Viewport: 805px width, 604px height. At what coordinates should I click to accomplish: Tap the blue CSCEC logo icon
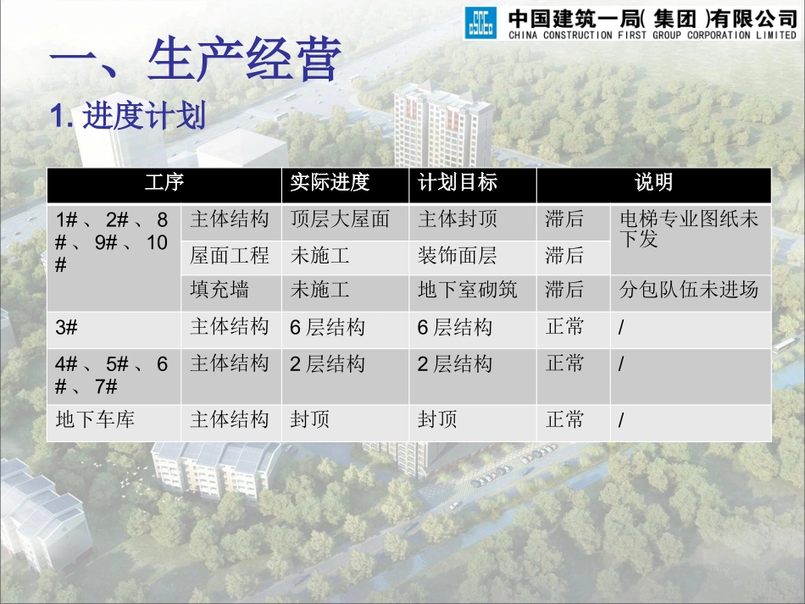(481, 23)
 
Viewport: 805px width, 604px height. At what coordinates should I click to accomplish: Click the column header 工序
(164, 183)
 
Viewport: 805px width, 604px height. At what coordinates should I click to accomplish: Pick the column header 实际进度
(330, 183)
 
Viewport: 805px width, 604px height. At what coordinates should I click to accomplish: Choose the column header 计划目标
(458, 183)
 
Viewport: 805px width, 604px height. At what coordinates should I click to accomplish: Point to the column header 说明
(653, 183)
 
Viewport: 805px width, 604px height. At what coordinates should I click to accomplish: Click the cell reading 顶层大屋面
(340, 220)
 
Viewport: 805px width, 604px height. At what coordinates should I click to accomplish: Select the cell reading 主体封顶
(458, 220)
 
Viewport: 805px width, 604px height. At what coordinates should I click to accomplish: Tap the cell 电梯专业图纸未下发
(688, 230)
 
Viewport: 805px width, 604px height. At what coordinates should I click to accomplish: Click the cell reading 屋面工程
(230, 255)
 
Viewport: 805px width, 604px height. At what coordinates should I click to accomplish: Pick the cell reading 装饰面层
(458, 255)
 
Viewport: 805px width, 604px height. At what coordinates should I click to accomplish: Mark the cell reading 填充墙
(219, 290)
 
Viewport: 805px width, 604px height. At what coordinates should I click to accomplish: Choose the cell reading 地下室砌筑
(467, 290)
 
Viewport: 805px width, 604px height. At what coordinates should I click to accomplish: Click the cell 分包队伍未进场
(688, 290)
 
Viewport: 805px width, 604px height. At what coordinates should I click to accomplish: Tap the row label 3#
(67, 328)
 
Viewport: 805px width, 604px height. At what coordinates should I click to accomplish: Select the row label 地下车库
(95, 420)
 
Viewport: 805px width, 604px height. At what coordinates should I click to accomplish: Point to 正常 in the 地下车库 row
(565, 420)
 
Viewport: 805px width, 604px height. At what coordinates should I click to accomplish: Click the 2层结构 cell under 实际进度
(327, 365)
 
